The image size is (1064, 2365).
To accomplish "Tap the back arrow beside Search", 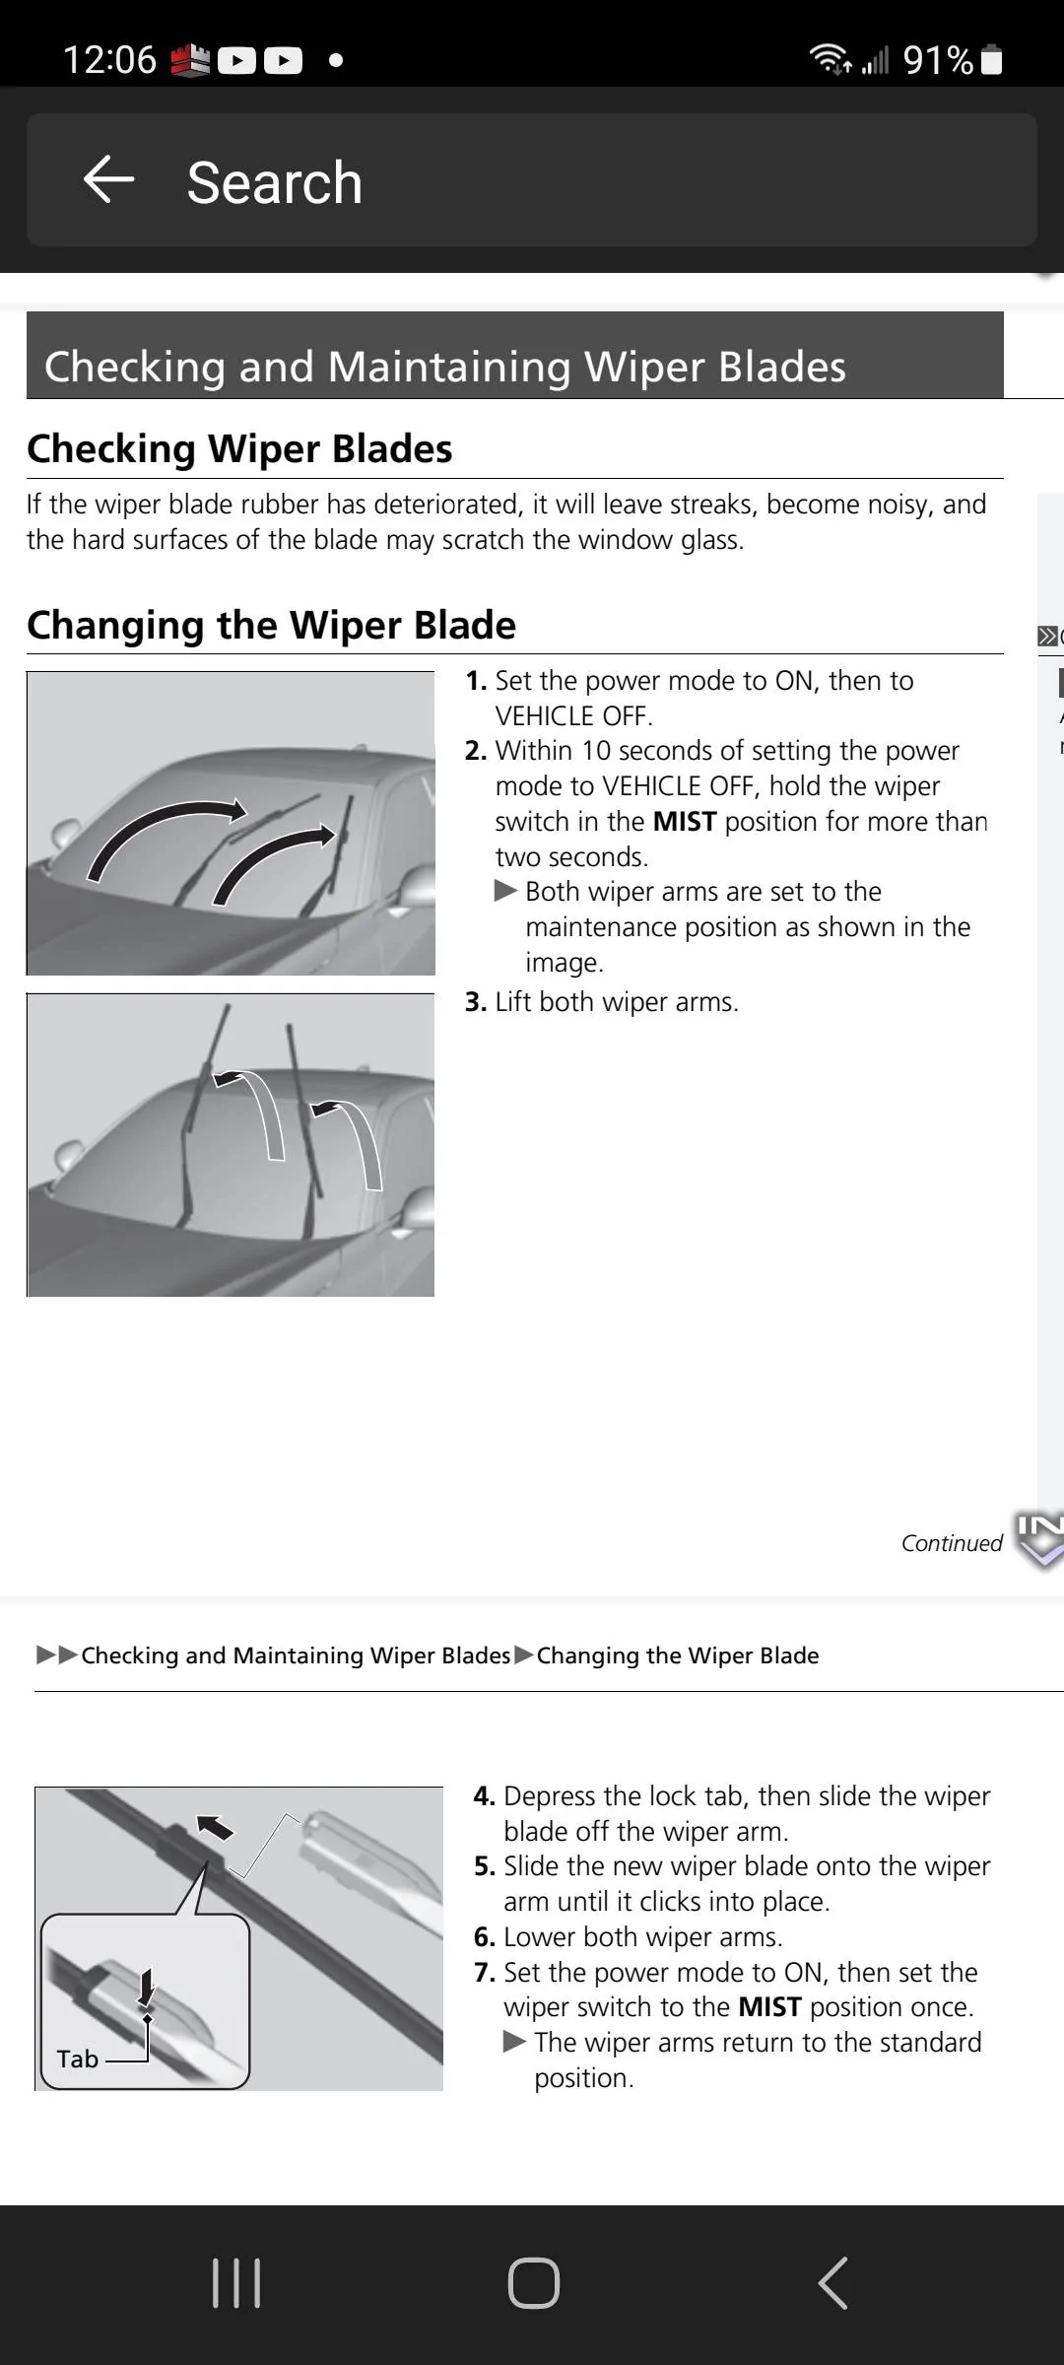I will (x=108, y=180).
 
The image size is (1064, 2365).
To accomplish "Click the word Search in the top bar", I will (x=275, y=183).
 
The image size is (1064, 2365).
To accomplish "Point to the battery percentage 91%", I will (x=937, y=61).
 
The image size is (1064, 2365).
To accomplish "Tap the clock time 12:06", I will (x=109, y=60).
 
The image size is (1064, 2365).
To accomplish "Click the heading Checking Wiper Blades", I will (x=239, y=448).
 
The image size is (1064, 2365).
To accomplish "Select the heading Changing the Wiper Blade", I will (x=271, y=625).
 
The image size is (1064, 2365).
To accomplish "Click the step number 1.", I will (x=475, y=681).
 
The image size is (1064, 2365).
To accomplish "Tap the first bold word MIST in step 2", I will (x=684, y=822).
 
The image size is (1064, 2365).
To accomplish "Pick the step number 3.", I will (x=475, y=1002).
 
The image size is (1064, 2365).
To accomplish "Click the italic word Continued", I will (x=952, y=1543).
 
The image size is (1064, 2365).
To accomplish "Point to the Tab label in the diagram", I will (x=78, y=2059).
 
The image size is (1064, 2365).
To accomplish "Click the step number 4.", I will (x=483, y=1796).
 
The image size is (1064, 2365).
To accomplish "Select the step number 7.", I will (x=483, y=1973).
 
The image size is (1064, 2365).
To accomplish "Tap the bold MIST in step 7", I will (x=769, y=2007).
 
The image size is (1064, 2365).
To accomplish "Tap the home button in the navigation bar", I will (x=534, y=2283).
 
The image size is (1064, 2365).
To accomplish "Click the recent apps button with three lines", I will (x=236, y=2283).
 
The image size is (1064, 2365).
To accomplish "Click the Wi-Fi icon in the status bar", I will (x=830, y=60).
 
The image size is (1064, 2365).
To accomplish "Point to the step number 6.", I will (x=483, y=1937).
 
